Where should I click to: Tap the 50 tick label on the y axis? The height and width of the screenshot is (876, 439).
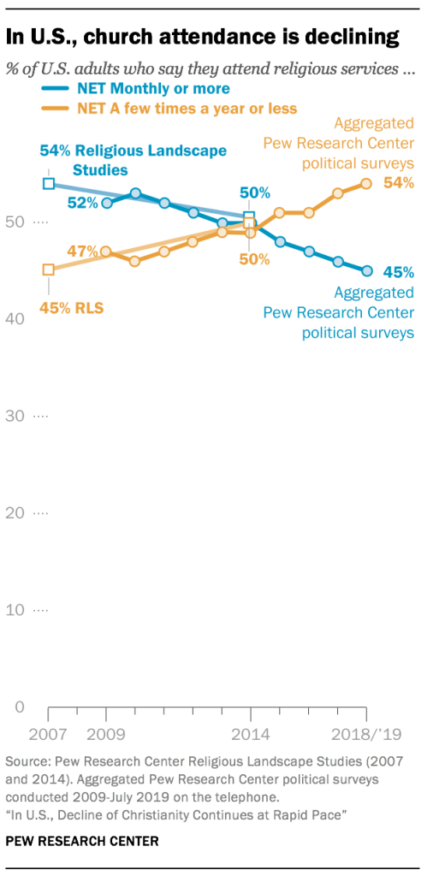[15, 222]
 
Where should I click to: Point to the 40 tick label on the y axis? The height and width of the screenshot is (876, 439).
[15, 319]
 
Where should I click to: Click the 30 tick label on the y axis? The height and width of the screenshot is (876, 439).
[15, 417]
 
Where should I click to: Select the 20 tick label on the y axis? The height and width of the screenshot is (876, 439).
[15, 513]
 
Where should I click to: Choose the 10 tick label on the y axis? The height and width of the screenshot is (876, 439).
[15, 611]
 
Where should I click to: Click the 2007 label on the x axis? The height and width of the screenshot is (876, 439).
[49, 735]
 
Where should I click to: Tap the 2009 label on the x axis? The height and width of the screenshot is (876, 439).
[106, 735]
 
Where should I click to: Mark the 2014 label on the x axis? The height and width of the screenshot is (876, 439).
[250, 735]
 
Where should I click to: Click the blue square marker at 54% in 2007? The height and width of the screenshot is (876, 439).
[49, 183]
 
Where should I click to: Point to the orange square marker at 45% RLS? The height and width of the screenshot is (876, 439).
[49, 269]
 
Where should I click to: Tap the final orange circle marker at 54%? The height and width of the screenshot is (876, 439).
[366, 183]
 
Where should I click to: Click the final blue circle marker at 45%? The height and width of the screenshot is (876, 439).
[366, 270]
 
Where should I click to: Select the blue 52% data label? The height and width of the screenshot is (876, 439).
[83, 203]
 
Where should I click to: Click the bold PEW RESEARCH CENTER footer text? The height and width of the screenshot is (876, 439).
[82, 842]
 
